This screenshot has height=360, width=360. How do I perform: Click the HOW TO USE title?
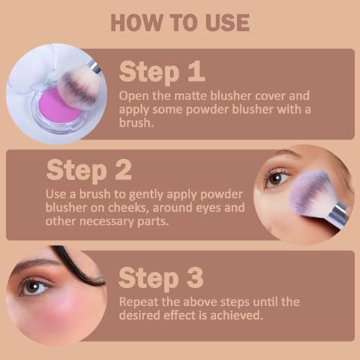tap(180, 22)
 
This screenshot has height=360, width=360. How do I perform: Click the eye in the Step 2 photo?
tap(277, 178)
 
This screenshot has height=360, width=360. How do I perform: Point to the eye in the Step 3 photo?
tap(35, 286)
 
